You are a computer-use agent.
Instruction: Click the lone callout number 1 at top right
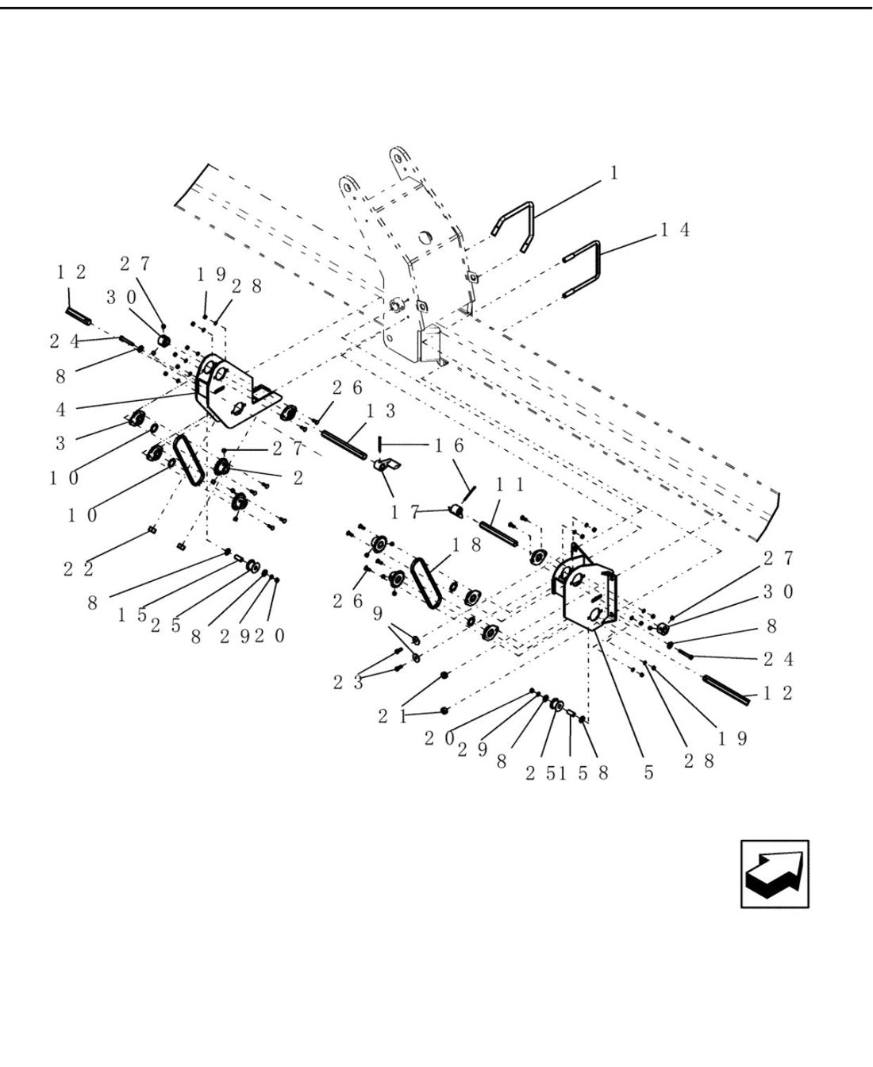point(613,174)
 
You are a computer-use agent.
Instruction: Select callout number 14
point(675,230)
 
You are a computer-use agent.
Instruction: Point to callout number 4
point(60,410)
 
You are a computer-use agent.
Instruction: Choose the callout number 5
point(648,772)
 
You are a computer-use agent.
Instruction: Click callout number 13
point(380,411)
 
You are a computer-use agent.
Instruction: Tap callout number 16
point(449,445)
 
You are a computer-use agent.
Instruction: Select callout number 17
point(405,513)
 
